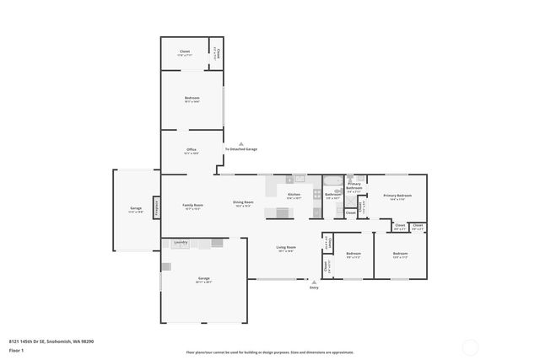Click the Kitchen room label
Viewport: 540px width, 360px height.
point(294,195)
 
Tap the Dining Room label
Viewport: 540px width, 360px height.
point(244,202)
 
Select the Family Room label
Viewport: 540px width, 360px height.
point(192,205)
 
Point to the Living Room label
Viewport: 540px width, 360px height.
point(286,248)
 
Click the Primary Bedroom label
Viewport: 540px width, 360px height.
point(397,196)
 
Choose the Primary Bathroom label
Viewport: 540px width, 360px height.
point(354,186)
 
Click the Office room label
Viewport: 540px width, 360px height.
point(192,151)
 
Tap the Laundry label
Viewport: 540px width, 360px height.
point(181,243)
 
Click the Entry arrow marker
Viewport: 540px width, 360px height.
point(314,282)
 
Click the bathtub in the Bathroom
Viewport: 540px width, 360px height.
point(332,181)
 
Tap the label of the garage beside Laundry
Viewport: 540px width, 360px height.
point(202,279)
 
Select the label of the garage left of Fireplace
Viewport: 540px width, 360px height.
point(135,209)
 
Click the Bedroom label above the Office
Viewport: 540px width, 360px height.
point(192,99)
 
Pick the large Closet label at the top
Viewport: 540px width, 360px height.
point(184,52)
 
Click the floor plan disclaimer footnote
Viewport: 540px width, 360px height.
point(269,352)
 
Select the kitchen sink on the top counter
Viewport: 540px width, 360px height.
point(299,179)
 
